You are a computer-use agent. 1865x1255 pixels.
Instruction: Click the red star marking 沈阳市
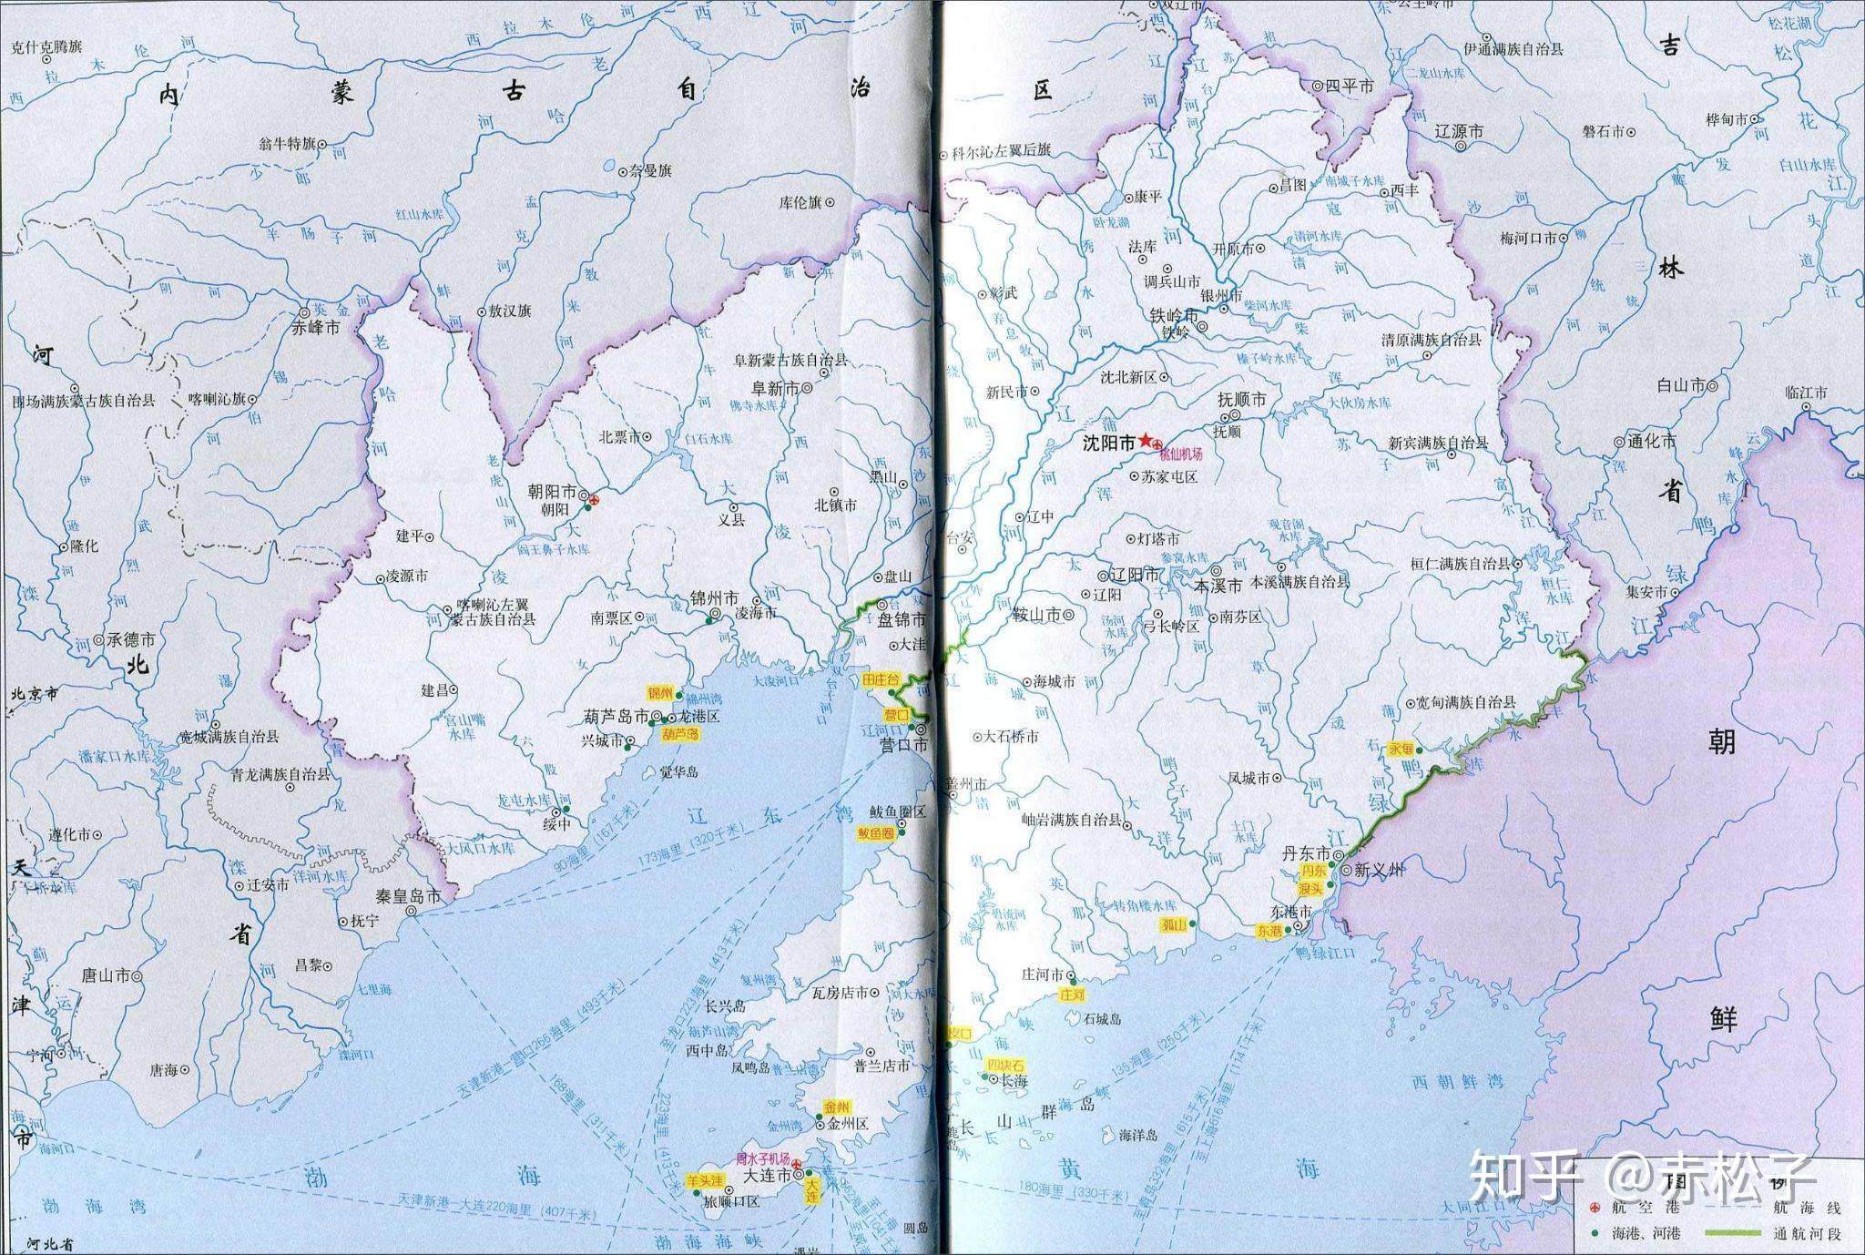tap(1146, 440)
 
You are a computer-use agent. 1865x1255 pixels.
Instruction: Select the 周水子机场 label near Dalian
tap(762, 1159)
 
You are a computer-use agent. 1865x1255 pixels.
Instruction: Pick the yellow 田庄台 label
tap(880, 679)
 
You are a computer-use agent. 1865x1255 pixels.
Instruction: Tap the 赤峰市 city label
tap(313, 327)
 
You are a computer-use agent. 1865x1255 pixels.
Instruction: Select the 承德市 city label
tap(129, 639)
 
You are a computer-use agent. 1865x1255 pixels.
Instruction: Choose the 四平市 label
tap(1349, 86)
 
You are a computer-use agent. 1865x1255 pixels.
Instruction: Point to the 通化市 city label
tap(1651, 441)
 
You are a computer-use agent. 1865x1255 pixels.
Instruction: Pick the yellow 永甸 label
tap(1400, 749)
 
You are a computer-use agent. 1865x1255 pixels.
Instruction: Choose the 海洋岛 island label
tap(1138, 1135)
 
